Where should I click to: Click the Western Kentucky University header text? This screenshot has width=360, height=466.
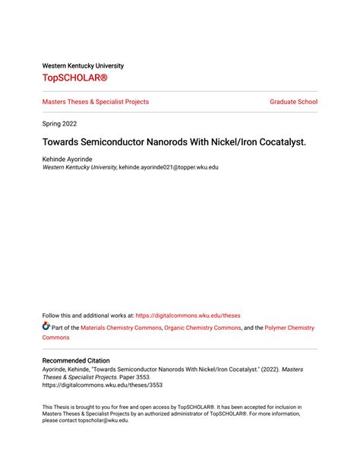83,65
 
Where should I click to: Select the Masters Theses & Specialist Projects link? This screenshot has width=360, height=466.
96,102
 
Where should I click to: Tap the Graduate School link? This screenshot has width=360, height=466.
293,102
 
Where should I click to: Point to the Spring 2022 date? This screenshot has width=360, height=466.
59,123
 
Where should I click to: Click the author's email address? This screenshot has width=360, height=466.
169,167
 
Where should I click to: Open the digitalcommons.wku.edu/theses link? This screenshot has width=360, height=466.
188,315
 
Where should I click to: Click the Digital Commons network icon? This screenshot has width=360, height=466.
46,328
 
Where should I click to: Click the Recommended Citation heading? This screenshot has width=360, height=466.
76,360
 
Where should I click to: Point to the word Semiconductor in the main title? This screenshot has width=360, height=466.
106,141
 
